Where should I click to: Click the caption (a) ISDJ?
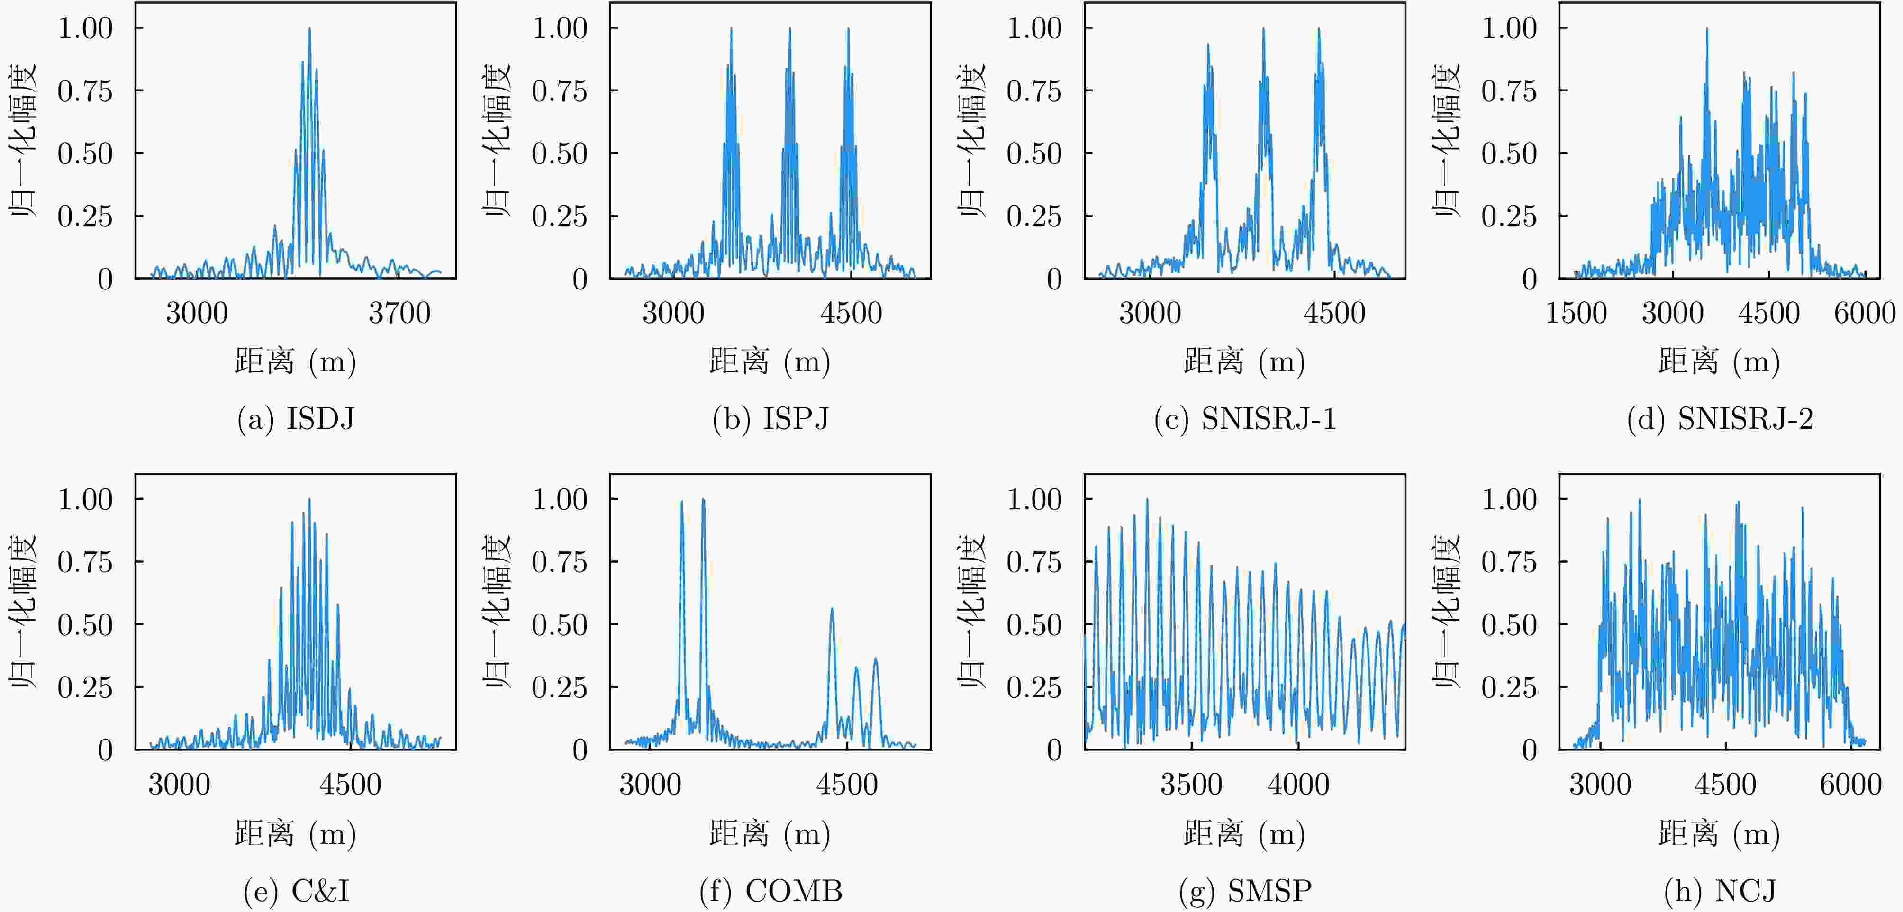pos(296,419)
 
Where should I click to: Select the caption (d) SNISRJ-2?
pos(1720,419)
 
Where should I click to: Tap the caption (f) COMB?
pos(770,891)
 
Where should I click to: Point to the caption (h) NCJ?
pos(1720,891)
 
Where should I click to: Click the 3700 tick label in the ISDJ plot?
pos(399,313)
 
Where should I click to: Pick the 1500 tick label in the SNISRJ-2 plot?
pos(1576,313)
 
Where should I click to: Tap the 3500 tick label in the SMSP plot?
pos(1191,784)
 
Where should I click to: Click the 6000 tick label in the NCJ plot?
pos(1850,784)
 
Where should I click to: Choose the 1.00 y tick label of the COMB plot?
pos(560,500)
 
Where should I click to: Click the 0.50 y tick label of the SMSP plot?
pos(1034,625)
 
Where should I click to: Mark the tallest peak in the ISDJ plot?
pos(309,29)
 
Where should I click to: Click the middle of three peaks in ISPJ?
pos(790,29)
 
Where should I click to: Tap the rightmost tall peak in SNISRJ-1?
pos(1319,29)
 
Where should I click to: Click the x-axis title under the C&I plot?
pos(296,834)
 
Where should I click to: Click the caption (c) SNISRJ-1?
pos(1245,419)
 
